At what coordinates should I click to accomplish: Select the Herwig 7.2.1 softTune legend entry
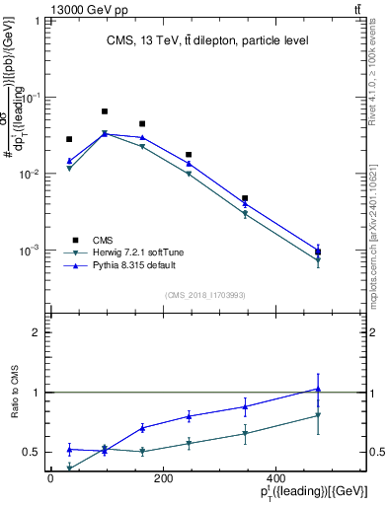pos(124,253)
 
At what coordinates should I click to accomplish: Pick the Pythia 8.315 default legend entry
pos(122,267)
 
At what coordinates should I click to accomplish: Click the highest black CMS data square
pos(105,111)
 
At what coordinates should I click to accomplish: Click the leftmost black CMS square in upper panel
pos(69,139)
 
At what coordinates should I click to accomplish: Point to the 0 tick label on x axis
pos(51,477)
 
